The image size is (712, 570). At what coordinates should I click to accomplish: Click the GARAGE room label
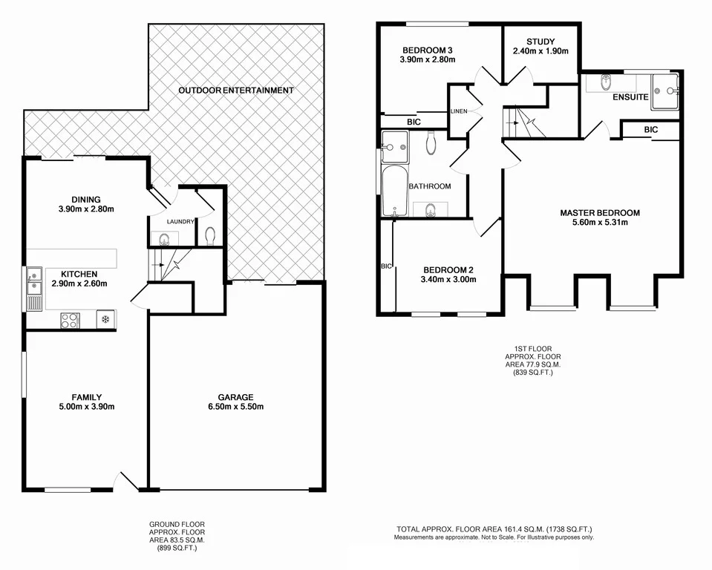coord(235,396)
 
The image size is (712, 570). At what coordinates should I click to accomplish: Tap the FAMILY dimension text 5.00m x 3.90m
coord(87,407)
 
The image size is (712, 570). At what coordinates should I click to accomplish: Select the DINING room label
coord(86,199)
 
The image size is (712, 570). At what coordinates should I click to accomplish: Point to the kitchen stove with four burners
coord(69,320)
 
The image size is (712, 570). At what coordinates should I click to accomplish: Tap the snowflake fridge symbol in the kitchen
coord(105,320)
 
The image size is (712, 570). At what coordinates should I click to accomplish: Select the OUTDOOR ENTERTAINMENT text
coord(235,91)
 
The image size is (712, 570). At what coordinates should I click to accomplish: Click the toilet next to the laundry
coord(210,236)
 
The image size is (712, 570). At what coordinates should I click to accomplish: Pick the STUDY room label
coord(540,41)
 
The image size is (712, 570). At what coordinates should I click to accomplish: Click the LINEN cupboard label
coord(458,111)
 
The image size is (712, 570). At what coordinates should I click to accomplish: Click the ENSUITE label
coord(628,97)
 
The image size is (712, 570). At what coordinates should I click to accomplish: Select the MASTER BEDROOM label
coord(599,213)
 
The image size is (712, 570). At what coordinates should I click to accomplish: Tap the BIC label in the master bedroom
coord(650,129)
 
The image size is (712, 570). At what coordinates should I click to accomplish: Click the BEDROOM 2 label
coord(448,269)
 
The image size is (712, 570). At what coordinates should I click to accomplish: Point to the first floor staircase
coord(526,122)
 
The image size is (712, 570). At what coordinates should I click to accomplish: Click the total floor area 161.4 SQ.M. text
coord(493,530)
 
